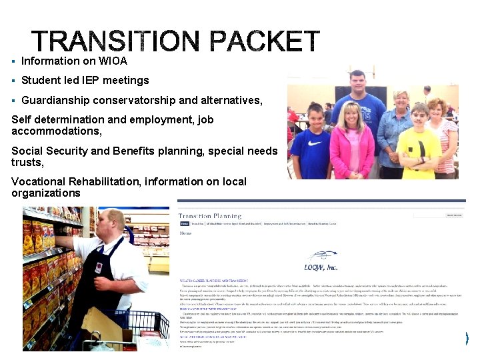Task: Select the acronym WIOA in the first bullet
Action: (113, 61)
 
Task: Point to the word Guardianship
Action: (53, 100)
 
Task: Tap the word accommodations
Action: (56, 131)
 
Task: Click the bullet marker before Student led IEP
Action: (13, 81)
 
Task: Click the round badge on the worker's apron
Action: (99, 269)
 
